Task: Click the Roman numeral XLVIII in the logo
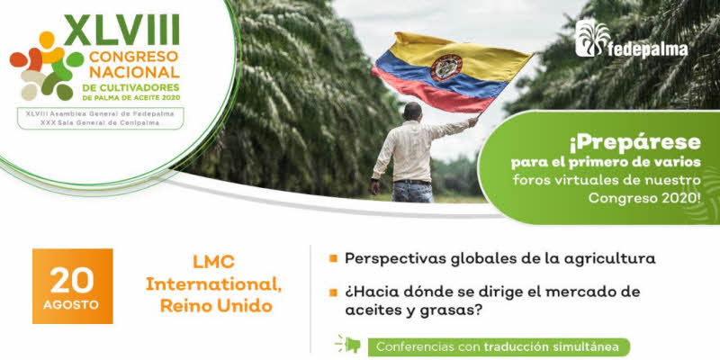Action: tap(121, 31)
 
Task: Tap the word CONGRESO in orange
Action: tap(133, 57)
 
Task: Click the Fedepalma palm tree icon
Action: tap(592, 38)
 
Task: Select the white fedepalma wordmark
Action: tap(648, 49)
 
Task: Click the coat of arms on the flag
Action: tap(445, 67)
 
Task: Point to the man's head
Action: tap(413, 112)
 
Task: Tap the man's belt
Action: tap(413, 183)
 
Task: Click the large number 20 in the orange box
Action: tap(72, 280)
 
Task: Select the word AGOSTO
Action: tap(71, 305)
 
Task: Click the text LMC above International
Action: tap(213, 262)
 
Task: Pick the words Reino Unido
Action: tap(216, 306)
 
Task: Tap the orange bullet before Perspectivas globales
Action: tap(333, 258)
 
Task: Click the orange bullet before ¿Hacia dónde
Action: tap(333, 292)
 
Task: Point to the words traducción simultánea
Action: tap(551, 346)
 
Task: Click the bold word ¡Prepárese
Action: tap(635, 144)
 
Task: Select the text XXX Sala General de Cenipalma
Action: tap(101, 123)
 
